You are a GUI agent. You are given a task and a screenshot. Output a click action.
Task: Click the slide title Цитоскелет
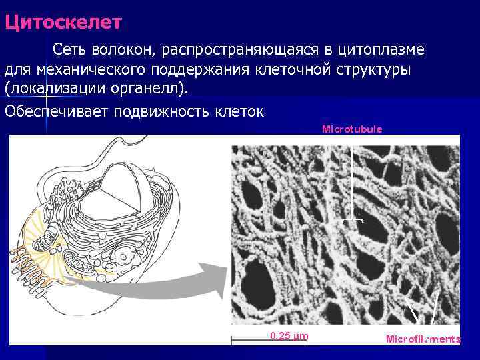coord(63,23)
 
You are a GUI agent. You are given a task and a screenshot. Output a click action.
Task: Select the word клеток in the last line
coord(241,111)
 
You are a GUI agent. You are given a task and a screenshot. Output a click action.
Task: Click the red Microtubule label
coord(352,129)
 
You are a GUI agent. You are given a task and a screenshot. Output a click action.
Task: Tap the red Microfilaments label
coord(423,339)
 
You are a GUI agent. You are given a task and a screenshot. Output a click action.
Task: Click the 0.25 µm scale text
coord(289,335)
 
